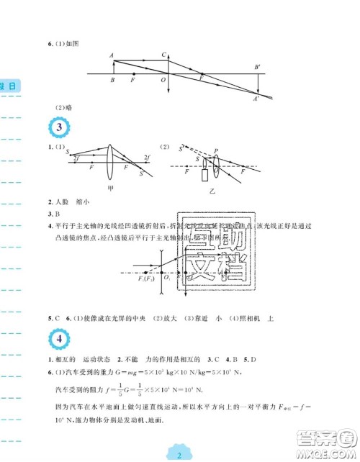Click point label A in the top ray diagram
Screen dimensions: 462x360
112,55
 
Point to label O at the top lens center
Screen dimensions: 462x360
163,80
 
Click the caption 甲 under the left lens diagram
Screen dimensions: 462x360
109,189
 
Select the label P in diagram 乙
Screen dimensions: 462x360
216,150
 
